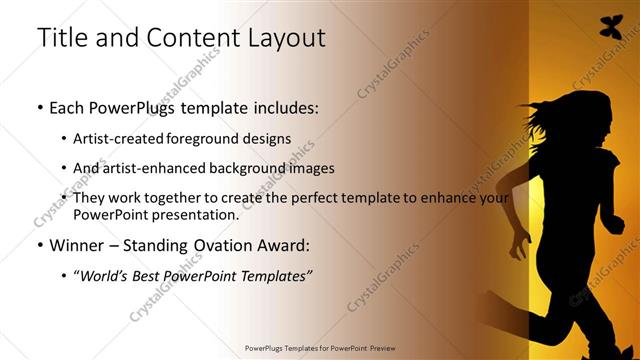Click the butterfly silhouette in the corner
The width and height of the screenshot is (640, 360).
click(610, 27)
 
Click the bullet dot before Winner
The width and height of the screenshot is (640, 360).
click(39, 245)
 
